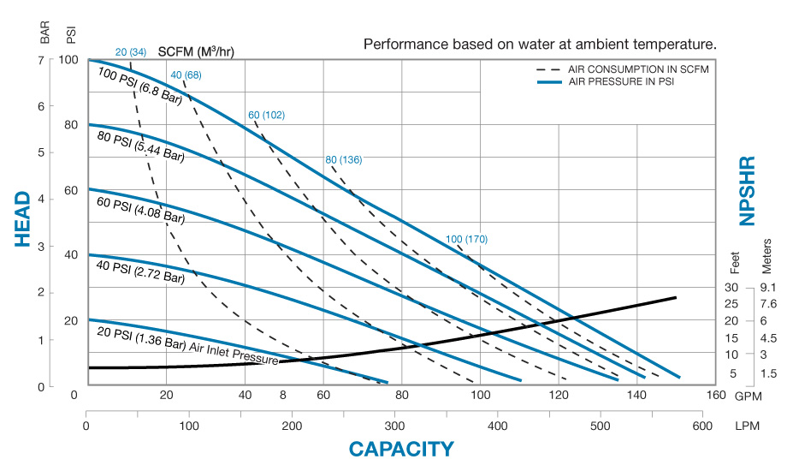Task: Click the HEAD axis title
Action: pyautogui.click(x=26, y=219)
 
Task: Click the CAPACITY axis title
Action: pyautogui.click(x=400, y=449)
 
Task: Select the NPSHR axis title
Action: pyautogui.click(x=748, y=191)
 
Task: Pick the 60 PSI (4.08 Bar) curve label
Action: pyautogui.click(x=142, y=211)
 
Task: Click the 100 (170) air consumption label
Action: pyautogui.click(x=466, y=239)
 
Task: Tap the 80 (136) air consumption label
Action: pyautogui.click(x=344, y=160)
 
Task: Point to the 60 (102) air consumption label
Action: pyautogui.click(x=267, y=115)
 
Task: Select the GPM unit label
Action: pyautogui.click(x=749, y=396)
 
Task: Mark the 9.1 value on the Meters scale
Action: pyautogui.click(x=766, y=288)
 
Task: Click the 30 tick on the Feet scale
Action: pyautogui.click(x=732, y=288)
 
